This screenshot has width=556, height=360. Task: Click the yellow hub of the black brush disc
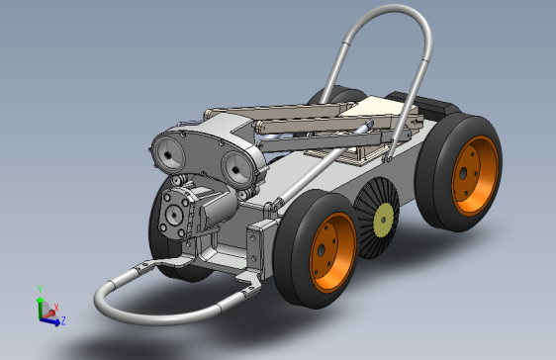383,220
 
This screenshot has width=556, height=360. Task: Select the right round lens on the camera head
237,169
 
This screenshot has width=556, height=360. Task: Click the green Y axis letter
40,290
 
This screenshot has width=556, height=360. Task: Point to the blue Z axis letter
63,321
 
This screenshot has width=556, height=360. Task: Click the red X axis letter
56,308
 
